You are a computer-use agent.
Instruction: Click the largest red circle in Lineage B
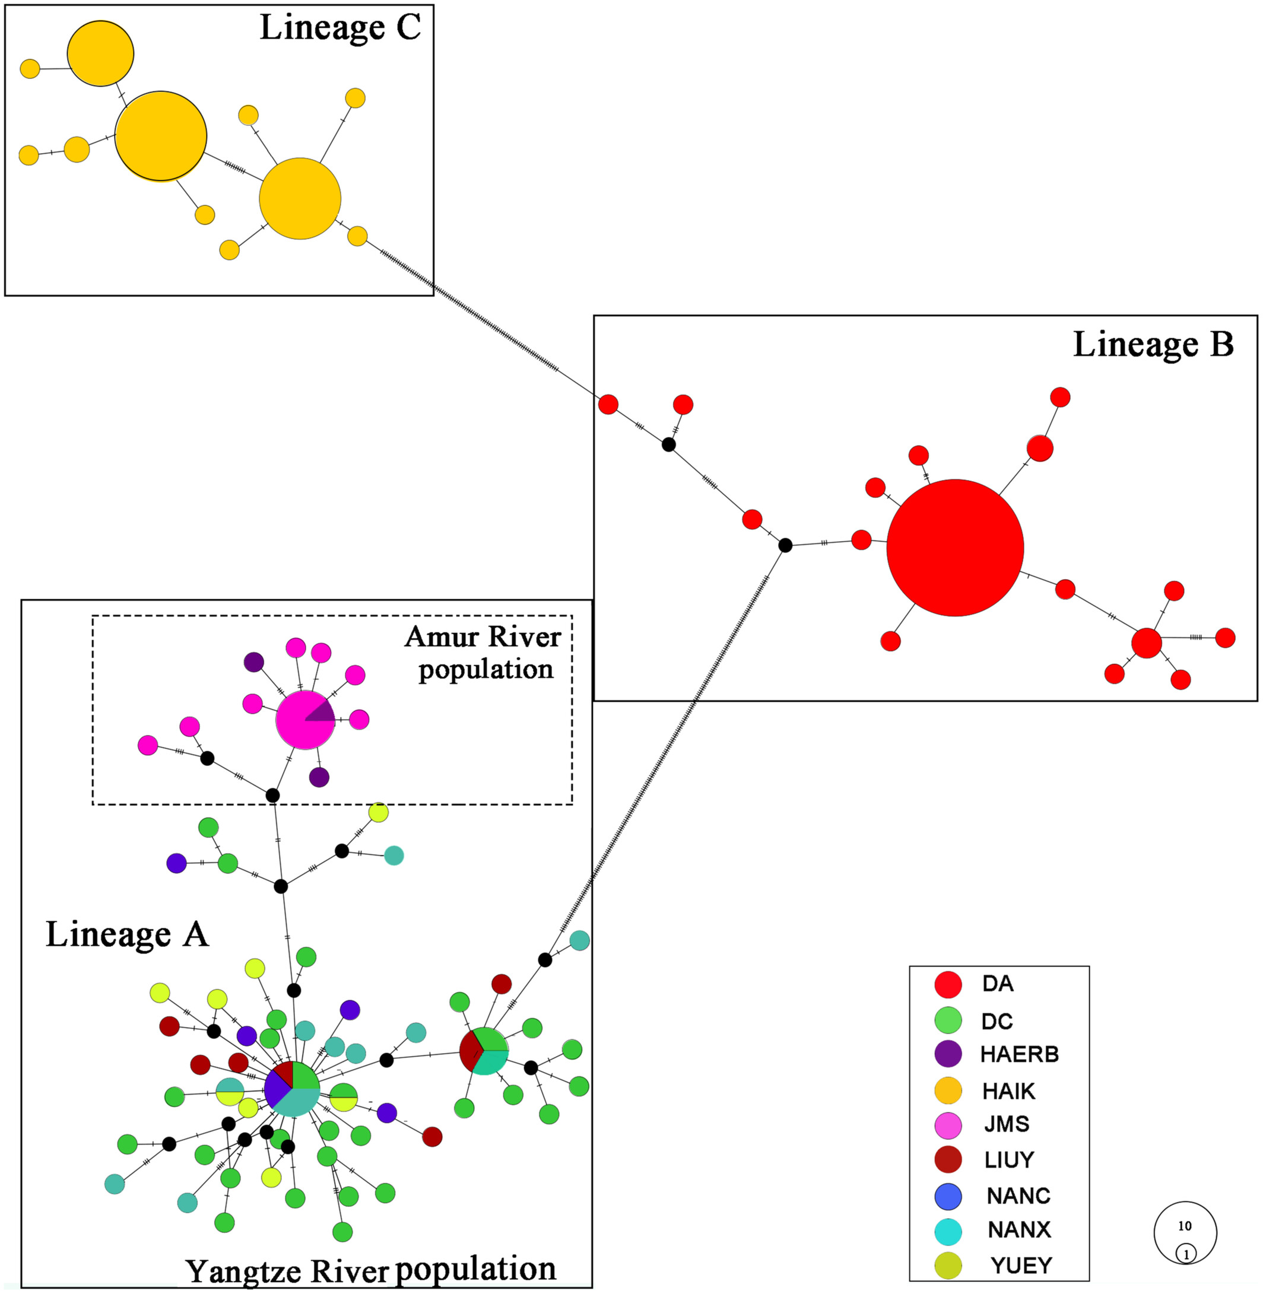coord(954,548)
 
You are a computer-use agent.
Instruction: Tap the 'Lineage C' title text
coord(340,28)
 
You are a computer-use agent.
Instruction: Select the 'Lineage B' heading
coord(1154,345)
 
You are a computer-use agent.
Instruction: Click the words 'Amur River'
coord(483,637)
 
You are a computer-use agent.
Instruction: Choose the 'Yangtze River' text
coord(287,1271)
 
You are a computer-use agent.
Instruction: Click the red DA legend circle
coord(948,984)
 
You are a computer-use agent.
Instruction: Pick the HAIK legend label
coord(1008,1091)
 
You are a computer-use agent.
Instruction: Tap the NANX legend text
coord(1020,1230)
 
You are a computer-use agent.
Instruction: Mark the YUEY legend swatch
coord(948,1266)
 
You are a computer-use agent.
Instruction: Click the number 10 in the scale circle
coord(1185,1226)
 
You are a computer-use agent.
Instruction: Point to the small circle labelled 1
coord(1186,1254)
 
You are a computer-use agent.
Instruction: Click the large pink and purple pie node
coord(305,720)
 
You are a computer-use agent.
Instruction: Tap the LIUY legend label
coord(1009,1160)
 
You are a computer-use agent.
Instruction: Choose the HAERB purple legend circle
coord(948,1054)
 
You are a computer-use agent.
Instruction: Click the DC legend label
coord(997,1022)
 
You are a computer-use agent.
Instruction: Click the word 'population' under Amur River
coord(486,670)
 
